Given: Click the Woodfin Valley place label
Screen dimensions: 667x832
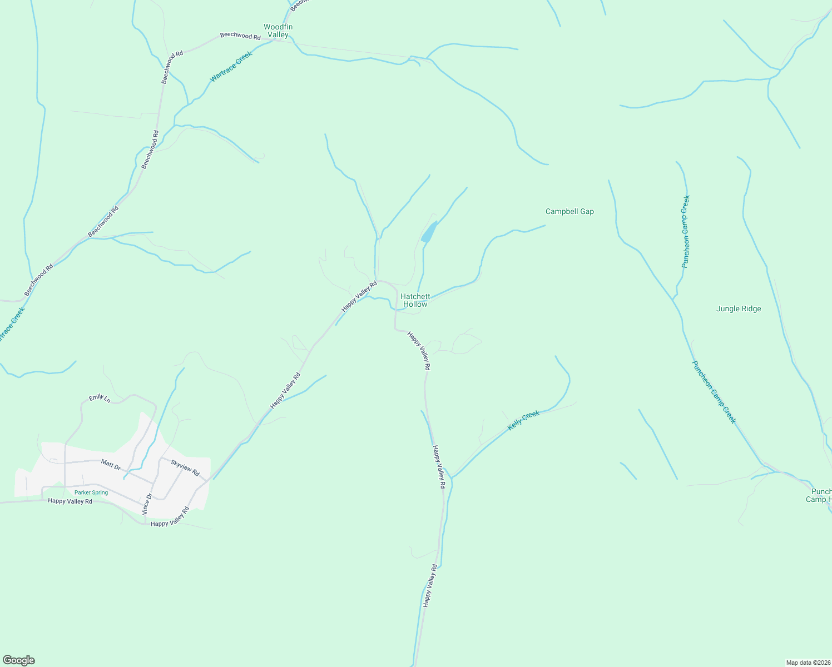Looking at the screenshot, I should pyautogui.click(x=278, y=31).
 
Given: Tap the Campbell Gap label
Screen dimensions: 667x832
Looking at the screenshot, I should pyautogui.click(x=569, y=212).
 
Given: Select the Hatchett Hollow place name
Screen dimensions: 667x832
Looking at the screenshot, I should pyautogui.click(x=415, y=301).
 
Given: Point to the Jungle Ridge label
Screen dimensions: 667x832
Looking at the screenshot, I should pyautogui.click(x=739, y=309).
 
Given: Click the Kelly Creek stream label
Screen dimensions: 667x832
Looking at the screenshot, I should pyautogui.click(x=523, y=420).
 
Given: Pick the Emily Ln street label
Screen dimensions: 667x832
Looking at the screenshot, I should pyautogui.click(x=100, y=398).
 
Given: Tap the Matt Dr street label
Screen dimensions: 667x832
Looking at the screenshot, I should pyautogui.click(x=111, y=464).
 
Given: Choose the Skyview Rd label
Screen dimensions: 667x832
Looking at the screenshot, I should pyautogui.click(x=185, y=467).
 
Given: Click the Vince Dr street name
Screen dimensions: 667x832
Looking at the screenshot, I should pyautogui.click(x=147, y=503).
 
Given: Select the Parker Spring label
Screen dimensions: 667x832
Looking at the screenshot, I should pyautogui.click(x=91, y=492).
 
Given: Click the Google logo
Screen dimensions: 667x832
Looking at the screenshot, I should pyautogui.click(x=18, y=660).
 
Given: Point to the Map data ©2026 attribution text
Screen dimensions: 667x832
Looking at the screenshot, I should pyautogui.click(x=808, y=663).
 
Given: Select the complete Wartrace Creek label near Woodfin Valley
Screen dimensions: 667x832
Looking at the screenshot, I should pyautogui.click(x=231, y=67).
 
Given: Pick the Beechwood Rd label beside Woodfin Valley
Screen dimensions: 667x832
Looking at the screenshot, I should pyautogui.click(x=240, y=36).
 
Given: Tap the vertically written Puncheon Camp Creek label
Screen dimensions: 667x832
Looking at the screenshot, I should pyautogui.click(x=686, y=231).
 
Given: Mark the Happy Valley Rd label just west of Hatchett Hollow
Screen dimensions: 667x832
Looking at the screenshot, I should pyautogui.click(x=359, y=296).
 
